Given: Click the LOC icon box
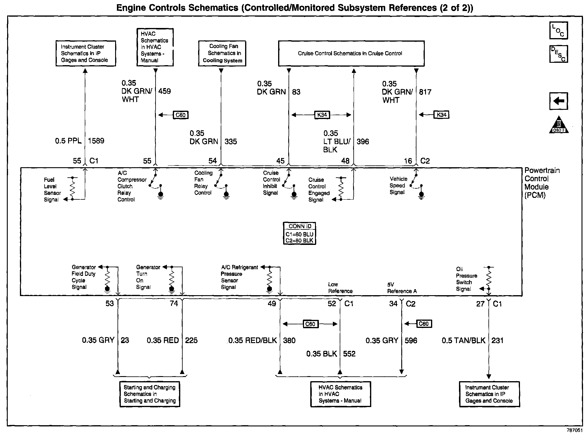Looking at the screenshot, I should (x=559, y=30).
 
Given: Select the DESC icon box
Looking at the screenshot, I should (x=559, y=54).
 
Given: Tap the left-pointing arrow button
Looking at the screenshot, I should (x=559, y=101).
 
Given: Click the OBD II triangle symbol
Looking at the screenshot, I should (x=559, y=125).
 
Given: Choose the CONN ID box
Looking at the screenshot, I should (x=300, y=234).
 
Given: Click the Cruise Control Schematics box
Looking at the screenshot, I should (x=351, y=54).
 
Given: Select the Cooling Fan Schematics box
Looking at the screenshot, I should (x=222, y=54).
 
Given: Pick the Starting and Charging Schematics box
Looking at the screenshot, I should (x=150, y=394).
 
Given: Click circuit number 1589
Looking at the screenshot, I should (x=96, y=141).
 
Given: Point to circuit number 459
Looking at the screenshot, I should (x=164, y=91).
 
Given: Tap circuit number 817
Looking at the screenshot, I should (x=425, y=92).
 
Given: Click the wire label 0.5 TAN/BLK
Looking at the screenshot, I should (x=463, y=340).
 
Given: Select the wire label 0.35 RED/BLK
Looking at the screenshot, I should (x=253, y=340).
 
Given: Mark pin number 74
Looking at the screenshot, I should (x=174, y=304).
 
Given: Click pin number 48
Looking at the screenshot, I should (x=345, y=161).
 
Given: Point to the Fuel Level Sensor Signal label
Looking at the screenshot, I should (x=52, y=190).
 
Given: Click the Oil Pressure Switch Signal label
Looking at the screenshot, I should (x=466, y=279).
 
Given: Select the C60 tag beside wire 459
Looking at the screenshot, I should (x=181, y=115).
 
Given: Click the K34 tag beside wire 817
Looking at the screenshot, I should (x=441, y=115).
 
